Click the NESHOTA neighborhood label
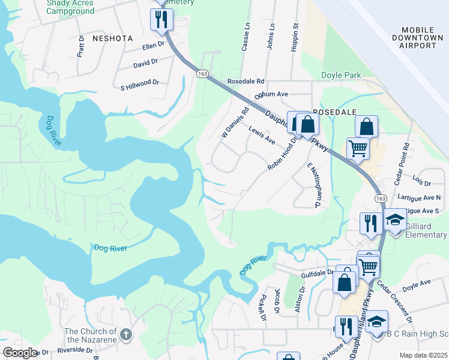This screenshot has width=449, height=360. [x=112, y=38]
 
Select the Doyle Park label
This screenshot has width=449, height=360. [x=341, y=75]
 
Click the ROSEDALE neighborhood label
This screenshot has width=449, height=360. [x=334, y=112]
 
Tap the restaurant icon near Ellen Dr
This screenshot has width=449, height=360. [x=161, y=20]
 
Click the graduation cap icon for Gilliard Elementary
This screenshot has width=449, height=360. [x=394, y=221]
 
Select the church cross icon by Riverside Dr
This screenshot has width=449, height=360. [x=125, y=334]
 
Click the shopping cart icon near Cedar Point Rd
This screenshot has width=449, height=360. [x=358, y=148]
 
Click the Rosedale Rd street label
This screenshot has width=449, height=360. [x=246, y=81]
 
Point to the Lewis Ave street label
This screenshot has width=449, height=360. [x=262, y=136]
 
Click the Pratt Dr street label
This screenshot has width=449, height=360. [x=81, y=45]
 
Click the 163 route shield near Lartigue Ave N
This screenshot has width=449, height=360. [x=381, y=197]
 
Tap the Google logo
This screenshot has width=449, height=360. [x=20, y=353]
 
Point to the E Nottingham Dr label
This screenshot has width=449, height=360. [x=312, y=184]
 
